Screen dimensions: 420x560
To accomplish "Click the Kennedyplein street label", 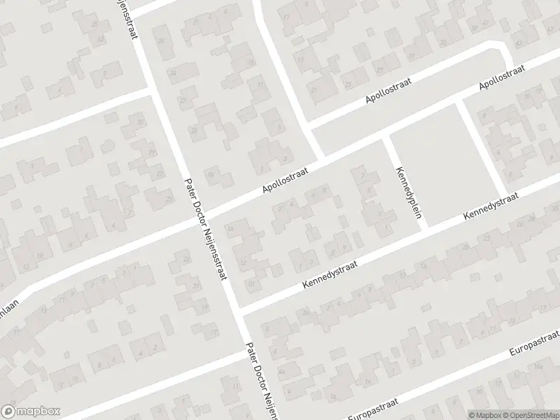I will (x=411, y=192).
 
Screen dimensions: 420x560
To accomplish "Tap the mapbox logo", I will (x=31, y=412).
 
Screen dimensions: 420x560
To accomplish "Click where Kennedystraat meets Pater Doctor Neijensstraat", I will (x=237, y=311).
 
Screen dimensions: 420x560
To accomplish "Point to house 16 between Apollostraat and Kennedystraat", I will (x=230, y=225).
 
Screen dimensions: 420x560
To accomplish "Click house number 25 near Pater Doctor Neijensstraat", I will (x=169, y=199).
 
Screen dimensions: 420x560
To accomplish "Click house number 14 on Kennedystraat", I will (x=422, y=265).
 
